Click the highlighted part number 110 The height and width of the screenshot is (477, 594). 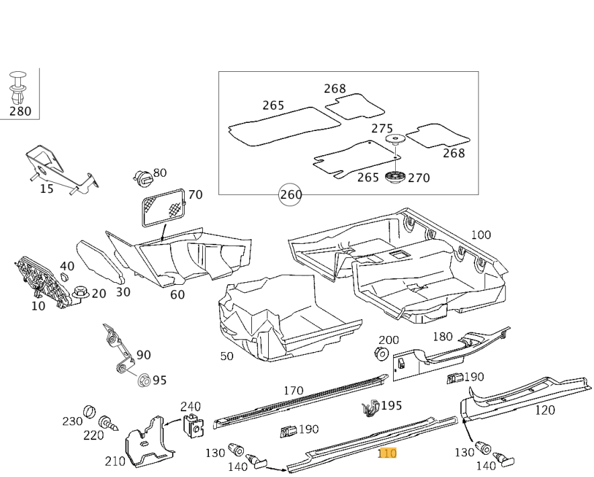point(387,453)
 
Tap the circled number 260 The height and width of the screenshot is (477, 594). point(290,195)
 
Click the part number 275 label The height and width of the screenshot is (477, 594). point(382,128)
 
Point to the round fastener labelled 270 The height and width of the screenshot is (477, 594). point(396,178)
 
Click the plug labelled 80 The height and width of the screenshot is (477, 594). point(143,178)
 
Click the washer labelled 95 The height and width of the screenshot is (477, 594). point(142,380)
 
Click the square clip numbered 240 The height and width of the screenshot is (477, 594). point(194,425)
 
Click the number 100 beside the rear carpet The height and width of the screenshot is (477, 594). point(480,234)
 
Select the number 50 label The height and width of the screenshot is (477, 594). point(227,356)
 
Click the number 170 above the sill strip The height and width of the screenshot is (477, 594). point(294,390)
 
